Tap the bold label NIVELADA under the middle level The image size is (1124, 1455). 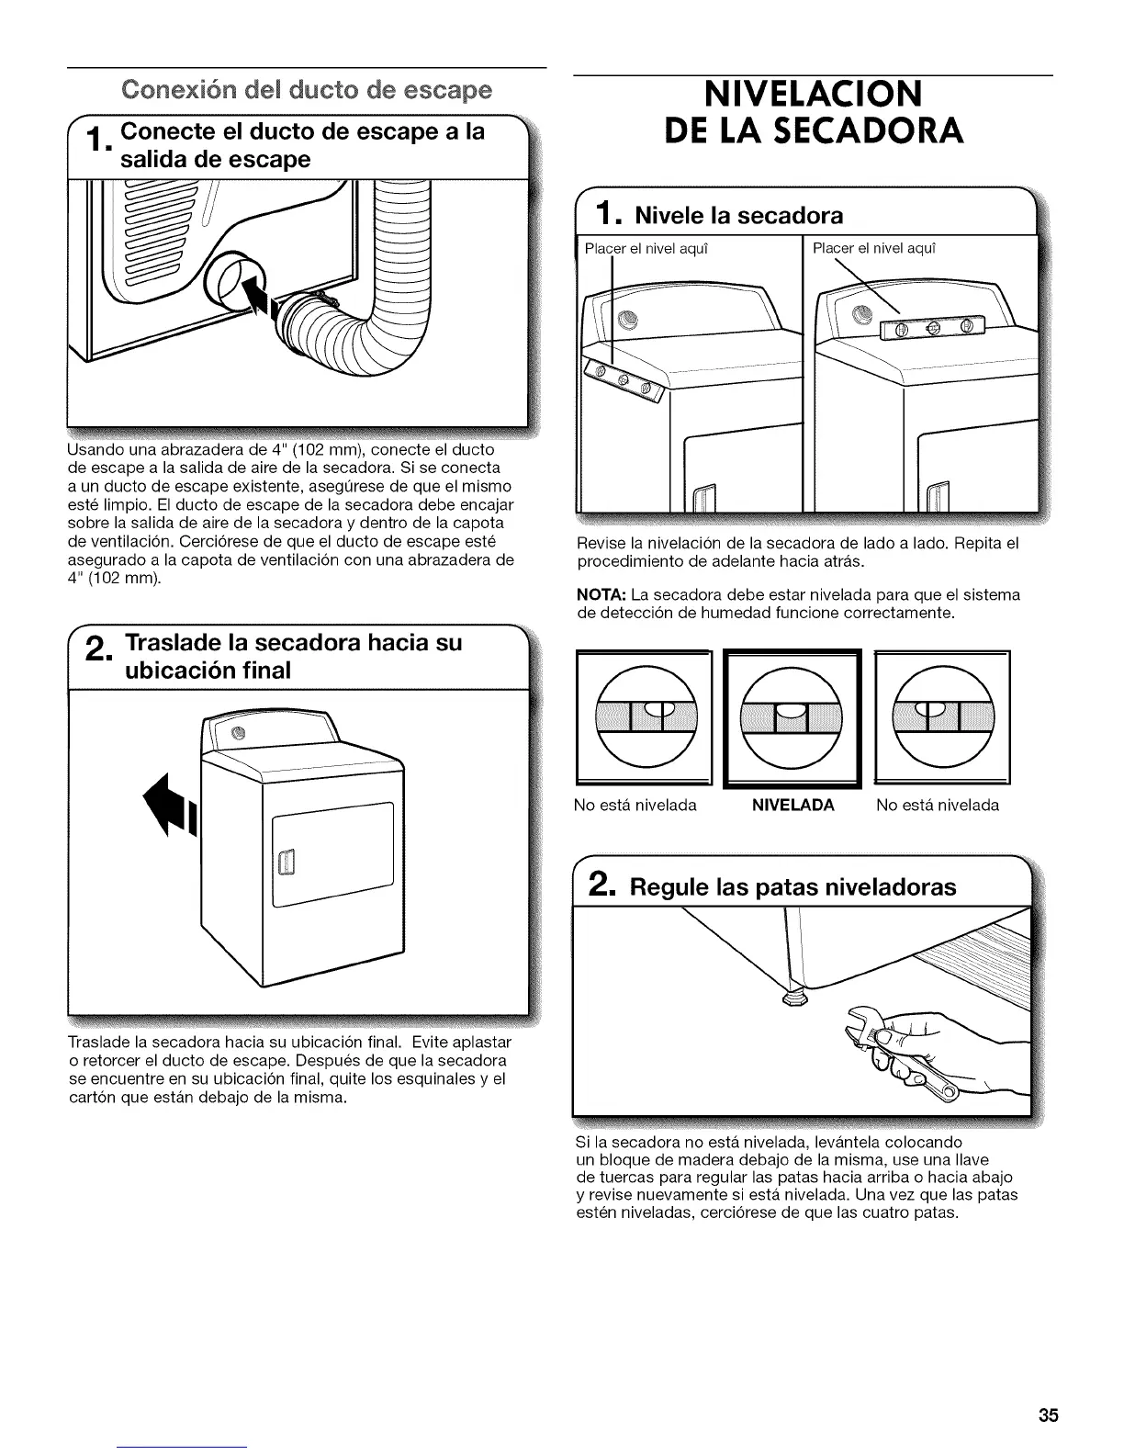(792, 806)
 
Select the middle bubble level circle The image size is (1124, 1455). (792, 716)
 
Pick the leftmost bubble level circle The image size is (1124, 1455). (643, 716)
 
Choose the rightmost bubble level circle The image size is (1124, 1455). (943, 716)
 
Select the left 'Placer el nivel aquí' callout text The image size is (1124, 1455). (647, 248)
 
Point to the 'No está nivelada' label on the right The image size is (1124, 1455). (938, 806)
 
